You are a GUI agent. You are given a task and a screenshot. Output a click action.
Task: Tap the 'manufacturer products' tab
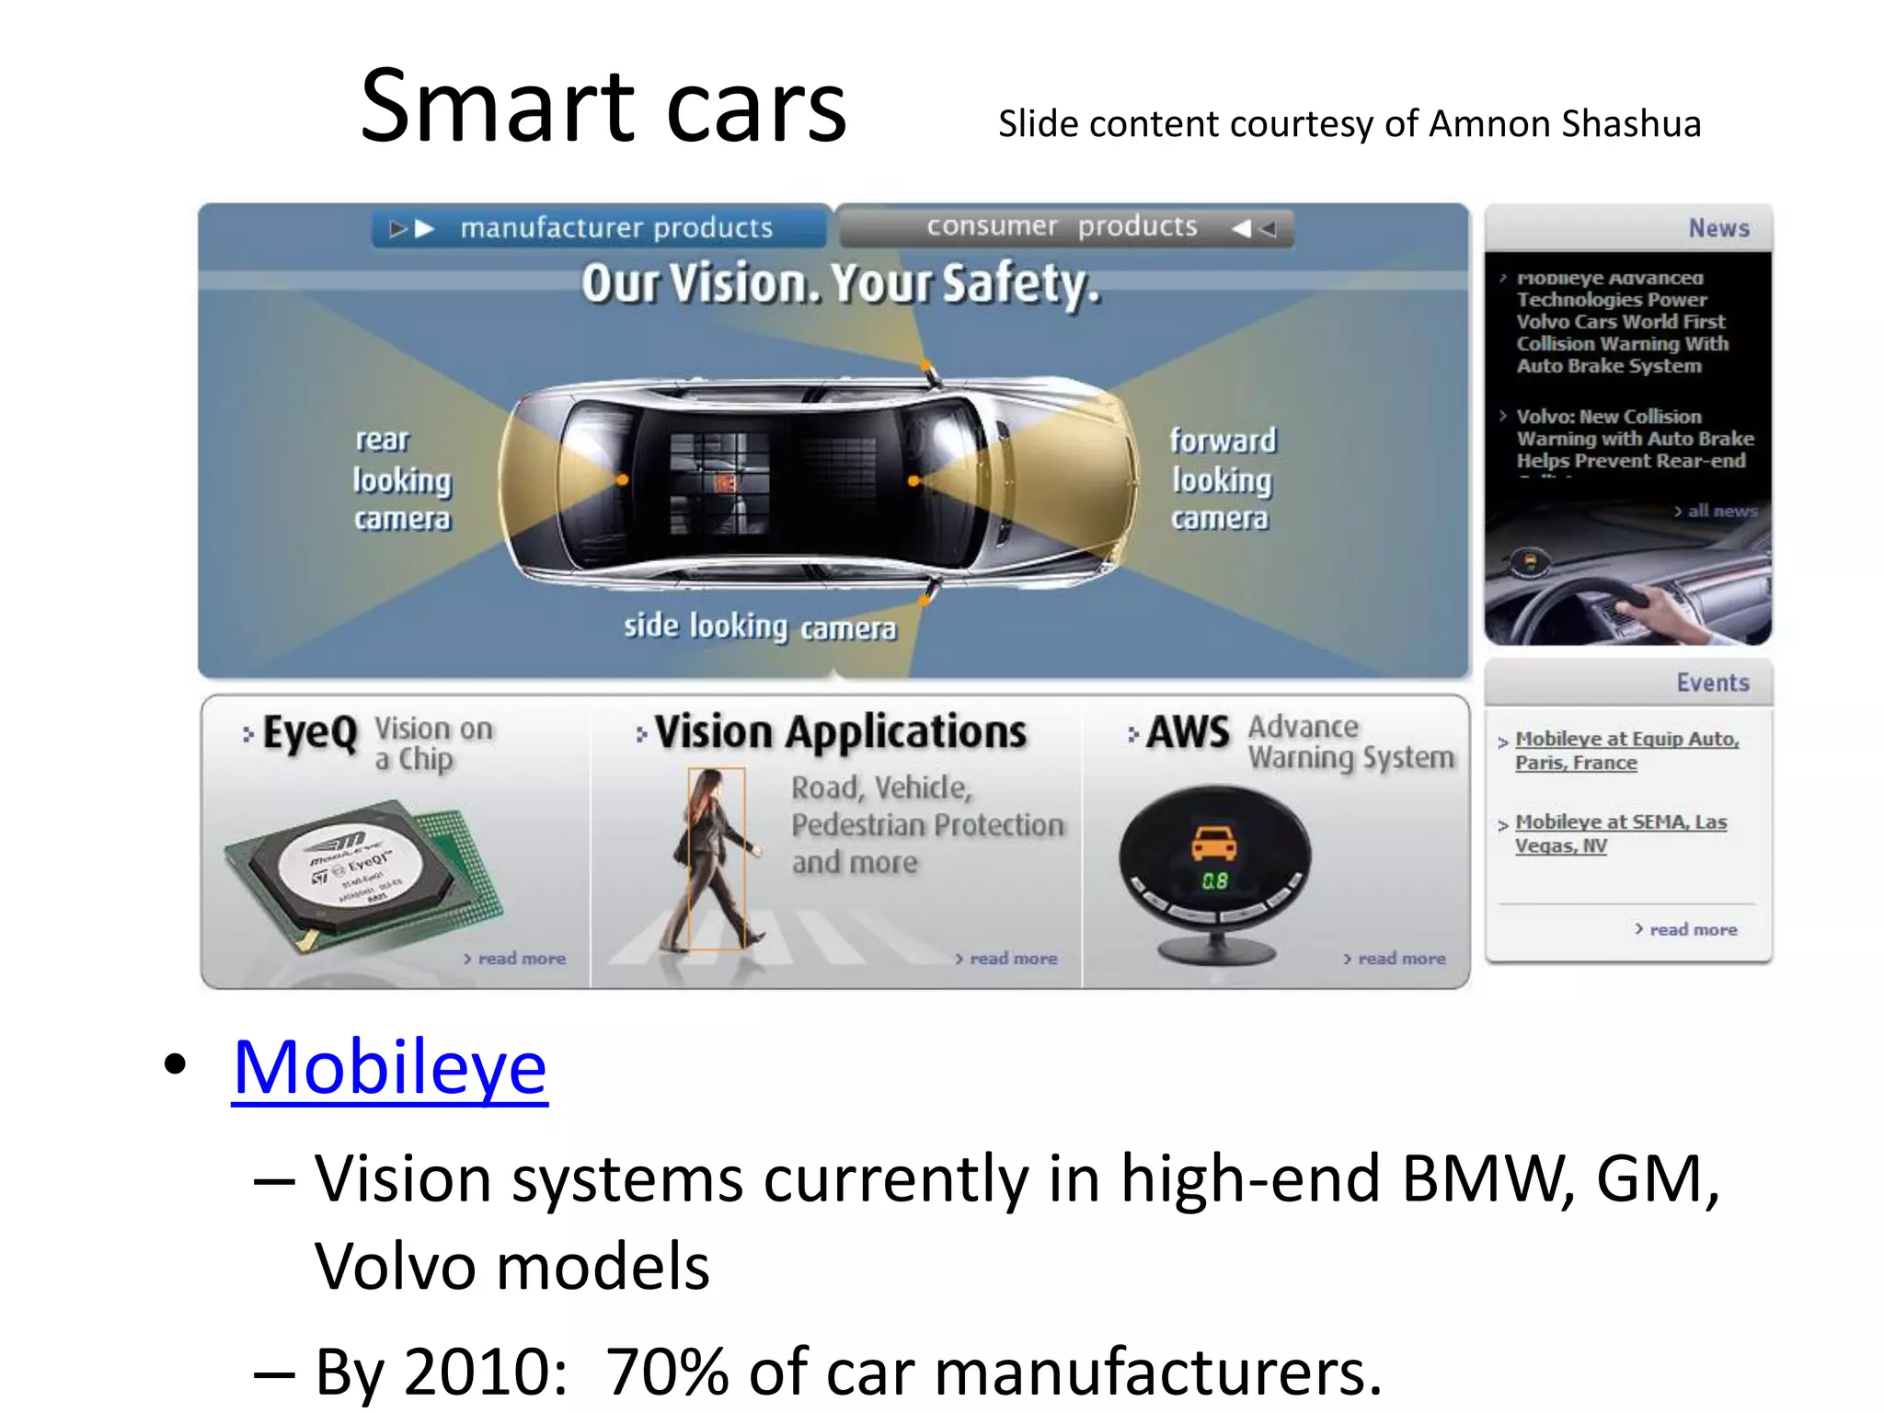[x=615, y=227]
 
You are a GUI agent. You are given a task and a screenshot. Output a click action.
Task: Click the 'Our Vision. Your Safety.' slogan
[x=840, y=283]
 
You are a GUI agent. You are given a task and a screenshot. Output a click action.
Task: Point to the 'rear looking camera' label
[x=402, y=479]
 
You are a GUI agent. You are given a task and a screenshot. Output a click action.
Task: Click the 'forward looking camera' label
[x=1222, y=479]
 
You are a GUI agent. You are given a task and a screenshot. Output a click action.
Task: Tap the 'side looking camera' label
[x=759, y=627]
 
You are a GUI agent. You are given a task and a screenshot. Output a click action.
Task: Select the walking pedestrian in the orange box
[x=717, y=857]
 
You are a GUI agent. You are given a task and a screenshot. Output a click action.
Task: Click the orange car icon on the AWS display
[x=1214, y=843]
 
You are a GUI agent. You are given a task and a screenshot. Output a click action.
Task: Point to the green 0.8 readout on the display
[x=1214, y=881]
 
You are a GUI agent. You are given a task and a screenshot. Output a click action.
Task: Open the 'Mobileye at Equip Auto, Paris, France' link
[x=1626, y=751]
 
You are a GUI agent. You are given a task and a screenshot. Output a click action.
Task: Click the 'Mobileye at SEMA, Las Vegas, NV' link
[x=1620, y=833]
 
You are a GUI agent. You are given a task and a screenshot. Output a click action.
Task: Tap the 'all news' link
[x=1721, y=511]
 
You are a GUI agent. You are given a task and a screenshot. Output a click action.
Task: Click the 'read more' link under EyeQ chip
[x=520, y=959]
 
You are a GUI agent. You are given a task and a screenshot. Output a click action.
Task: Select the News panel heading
[x=1717, y=228]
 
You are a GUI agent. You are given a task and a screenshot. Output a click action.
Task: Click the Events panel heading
[x=1712, y=683]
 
